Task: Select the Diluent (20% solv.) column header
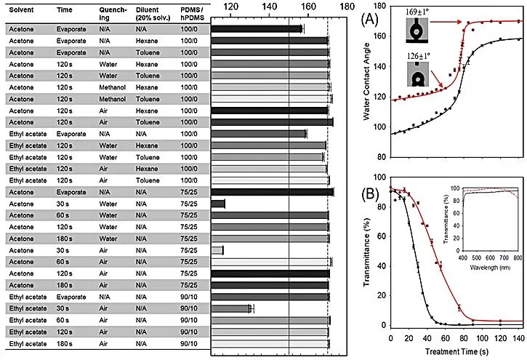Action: (x=153, y=14)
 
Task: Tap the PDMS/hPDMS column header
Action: (x=193, y=14)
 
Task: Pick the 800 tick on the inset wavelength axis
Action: (x=516, y=257)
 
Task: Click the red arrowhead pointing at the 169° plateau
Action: (x=465, y=23)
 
